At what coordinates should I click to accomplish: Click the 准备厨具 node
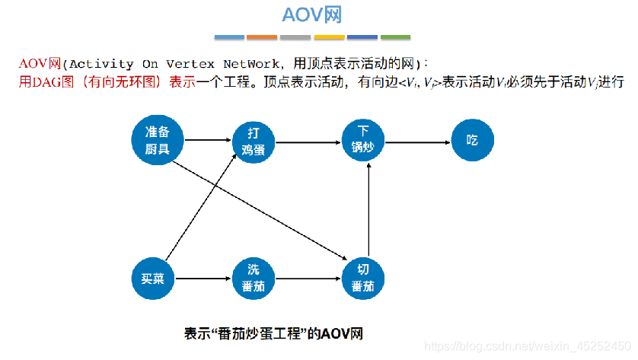[x=162, y=139]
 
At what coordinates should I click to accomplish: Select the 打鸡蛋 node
[x=253, y=140]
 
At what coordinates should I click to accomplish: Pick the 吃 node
[x=472, y=140]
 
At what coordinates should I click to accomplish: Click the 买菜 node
[x=154, y=279]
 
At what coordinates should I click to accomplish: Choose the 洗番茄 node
[x=253, y=279]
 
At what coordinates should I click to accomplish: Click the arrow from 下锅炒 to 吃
[x=417, y=141]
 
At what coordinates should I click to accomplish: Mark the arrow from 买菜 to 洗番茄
[x=203, y=279]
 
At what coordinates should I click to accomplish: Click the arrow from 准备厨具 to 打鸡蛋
[x=207, y=140]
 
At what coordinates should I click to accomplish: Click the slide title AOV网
[x=312, y=15]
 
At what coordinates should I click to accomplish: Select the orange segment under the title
[x=262, y=37]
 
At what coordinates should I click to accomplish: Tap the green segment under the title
[x=395, y=37]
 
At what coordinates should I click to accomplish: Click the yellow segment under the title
[x=329, y=37]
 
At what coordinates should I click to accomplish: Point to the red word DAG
[x=45, y=82]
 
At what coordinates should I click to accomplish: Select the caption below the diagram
[x=274, y=333]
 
